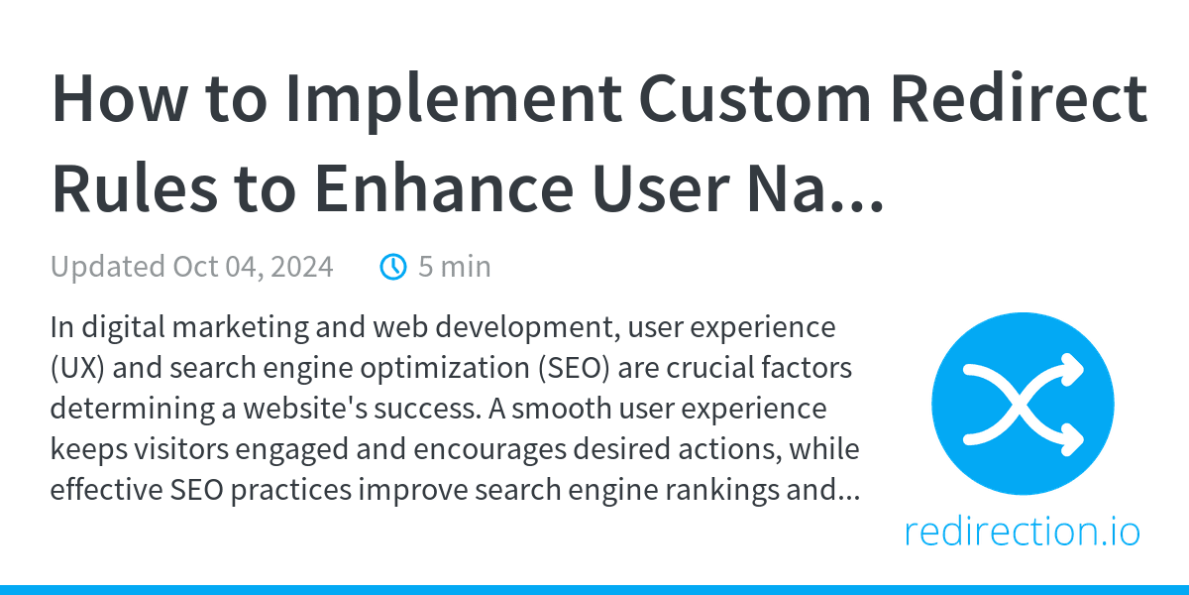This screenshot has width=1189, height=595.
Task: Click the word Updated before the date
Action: pos(108,267)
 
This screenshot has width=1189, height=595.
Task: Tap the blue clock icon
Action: pos(393,267)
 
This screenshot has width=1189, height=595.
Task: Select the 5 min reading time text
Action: pos(454,267)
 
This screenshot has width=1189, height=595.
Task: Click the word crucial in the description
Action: pos(717,369)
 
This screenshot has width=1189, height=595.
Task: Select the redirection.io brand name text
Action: pos(1023,533)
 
